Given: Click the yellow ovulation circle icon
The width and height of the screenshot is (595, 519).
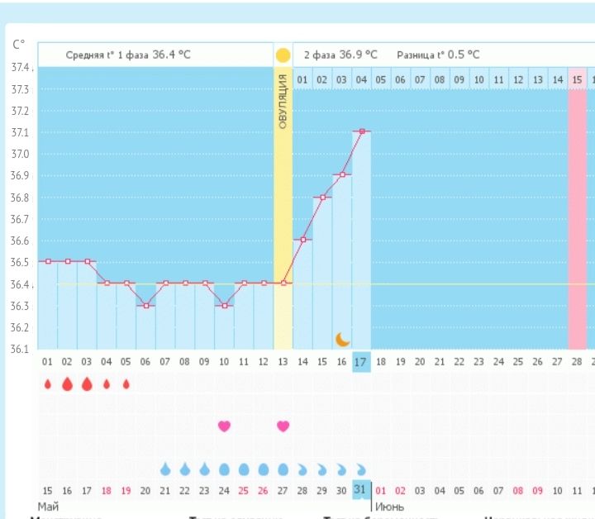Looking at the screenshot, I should (283, 55).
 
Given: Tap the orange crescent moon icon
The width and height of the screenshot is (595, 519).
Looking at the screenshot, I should (343, 339).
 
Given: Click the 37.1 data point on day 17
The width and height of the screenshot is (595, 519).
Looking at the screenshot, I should (361, 131).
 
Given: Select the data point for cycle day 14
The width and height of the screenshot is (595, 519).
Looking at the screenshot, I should (302, 240).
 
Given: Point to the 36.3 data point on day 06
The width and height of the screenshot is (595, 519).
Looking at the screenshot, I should (145, 306).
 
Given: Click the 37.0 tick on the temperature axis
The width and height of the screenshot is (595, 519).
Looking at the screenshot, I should (21, 155).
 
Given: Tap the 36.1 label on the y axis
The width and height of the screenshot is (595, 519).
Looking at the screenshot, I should (21, 349).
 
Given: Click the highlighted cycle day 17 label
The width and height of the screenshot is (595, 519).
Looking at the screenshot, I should (361, 361).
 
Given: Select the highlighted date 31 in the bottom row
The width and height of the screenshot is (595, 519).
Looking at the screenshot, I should (361, 490).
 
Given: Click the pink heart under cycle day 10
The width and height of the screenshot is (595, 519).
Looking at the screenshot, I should (224, 426).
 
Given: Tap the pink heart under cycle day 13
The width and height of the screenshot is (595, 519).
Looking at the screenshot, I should (283, 426).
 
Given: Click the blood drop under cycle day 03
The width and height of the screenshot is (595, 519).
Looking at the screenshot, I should (87, 384).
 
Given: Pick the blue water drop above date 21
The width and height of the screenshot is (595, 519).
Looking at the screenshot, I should (165, 469).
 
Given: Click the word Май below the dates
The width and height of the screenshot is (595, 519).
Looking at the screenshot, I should (48, 505).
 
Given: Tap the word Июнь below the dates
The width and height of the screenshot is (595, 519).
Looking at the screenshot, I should (390, 505).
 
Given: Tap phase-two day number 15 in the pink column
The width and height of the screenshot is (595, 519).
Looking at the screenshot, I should (578, 79).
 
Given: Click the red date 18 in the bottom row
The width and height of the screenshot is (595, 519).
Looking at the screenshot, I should (106, 490).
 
